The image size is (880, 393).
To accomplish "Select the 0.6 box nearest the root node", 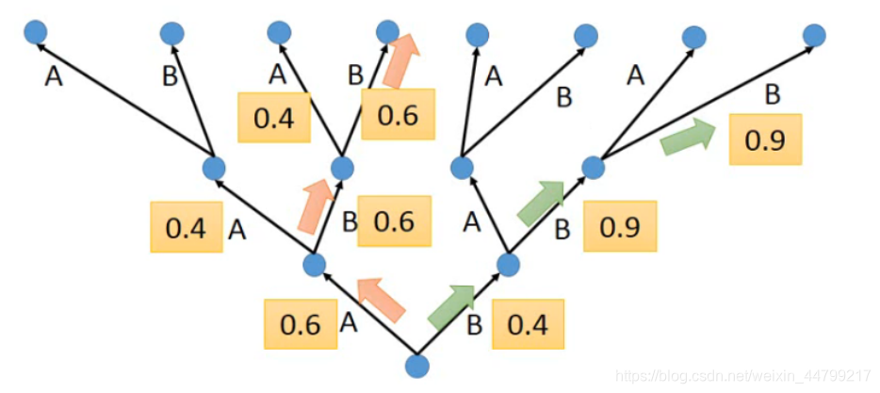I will coord(301,324).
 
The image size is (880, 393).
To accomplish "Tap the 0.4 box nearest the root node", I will coord(528,324).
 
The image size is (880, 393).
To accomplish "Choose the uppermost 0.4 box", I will coord(274,117).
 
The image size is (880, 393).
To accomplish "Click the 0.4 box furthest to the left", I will coord(187,229).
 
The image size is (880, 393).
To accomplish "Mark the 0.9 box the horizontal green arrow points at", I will coord(766,139).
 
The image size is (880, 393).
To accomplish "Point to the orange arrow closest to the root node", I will coord(381,299).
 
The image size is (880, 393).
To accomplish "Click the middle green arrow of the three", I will coord(541,204).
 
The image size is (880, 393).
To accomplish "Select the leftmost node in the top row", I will coord(37,33).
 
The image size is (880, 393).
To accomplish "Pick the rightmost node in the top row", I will coord(814,36).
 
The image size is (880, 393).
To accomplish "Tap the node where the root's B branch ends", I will coord(509,264).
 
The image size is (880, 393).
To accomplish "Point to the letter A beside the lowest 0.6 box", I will coord(348,323).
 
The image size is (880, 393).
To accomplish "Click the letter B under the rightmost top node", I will coord(772,95).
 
